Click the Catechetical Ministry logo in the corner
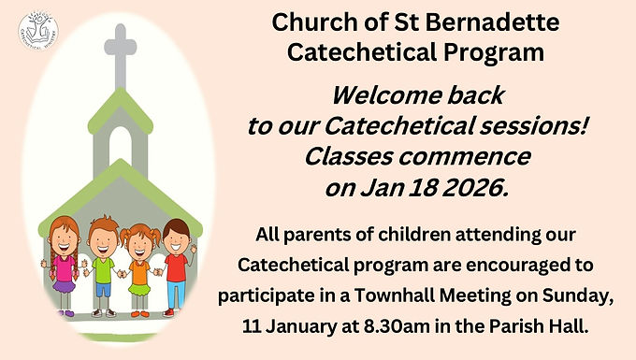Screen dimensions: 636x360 tap(38, 31)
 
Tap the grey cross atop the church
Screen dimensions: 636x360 tap(121, 56)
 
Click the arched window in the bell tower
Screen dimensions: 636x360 tap(121, 146)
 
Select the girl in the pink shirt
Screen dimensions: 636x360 tap(64, 266)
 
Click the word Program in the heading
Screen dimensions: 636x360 tap(494, 53)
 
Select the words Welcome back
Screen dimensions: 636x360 tap(418, 95)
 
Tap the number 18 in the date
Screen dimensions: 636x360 tap(422, 188)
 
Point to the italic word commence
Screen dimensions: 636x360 tap(465, 157)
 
